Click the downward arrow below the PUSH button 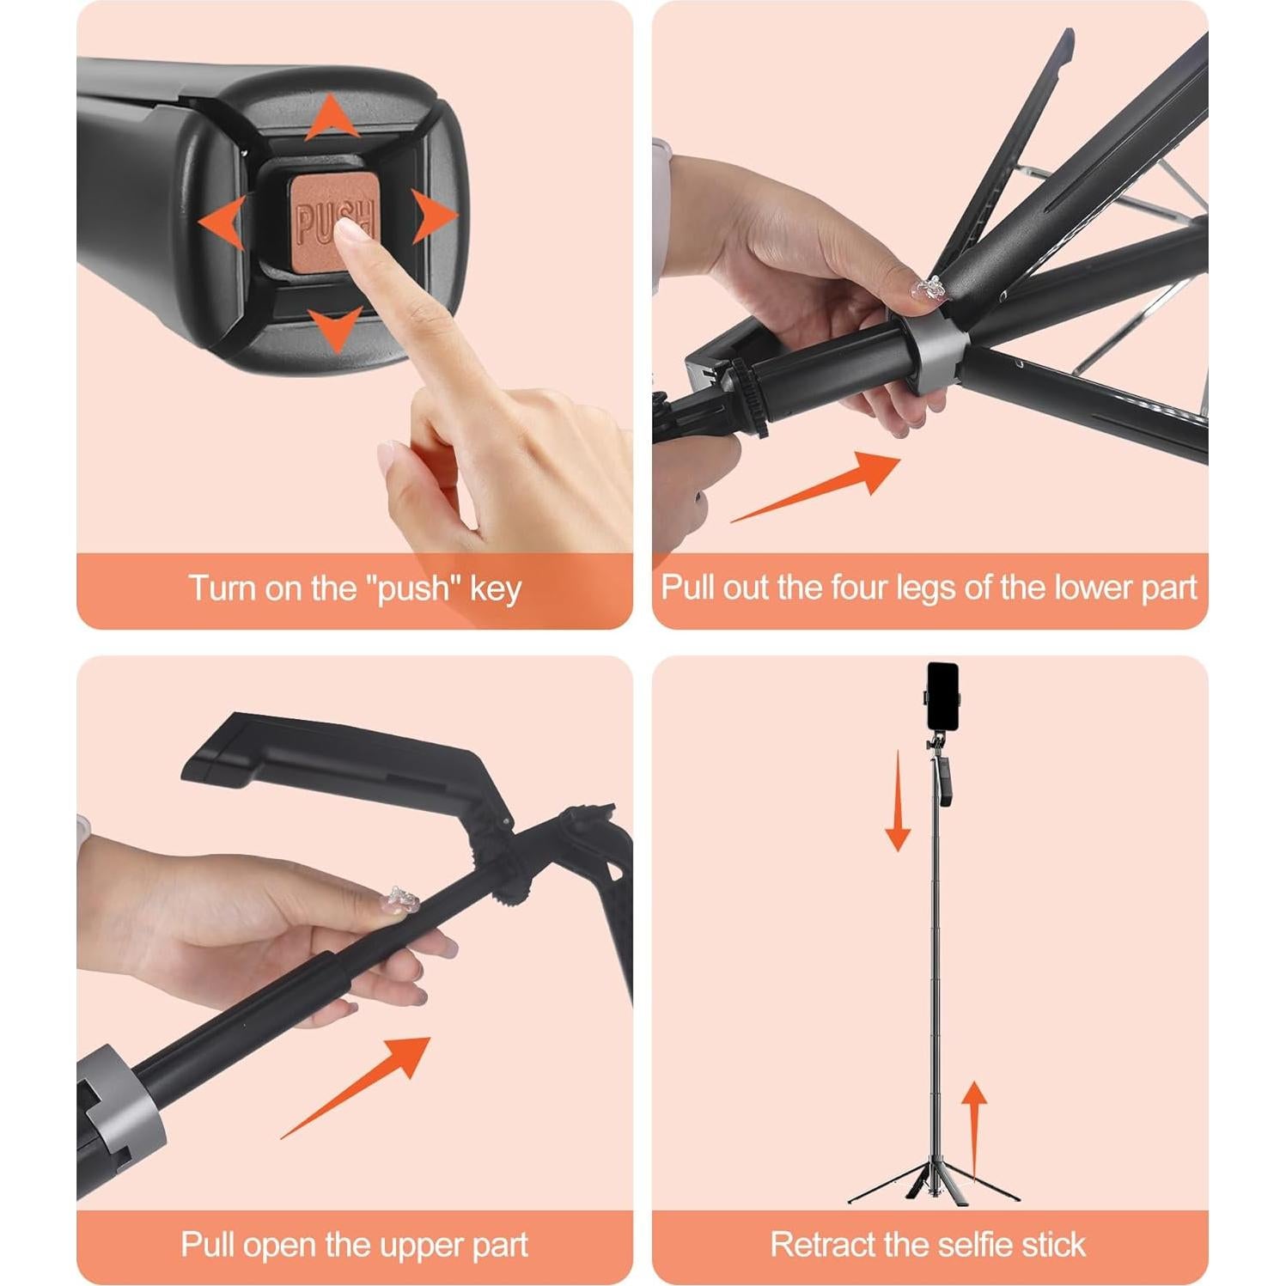pyautogui.click(x=334, y=328)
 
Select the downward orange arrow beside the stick pyautogui.click(x=898, y=801)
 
